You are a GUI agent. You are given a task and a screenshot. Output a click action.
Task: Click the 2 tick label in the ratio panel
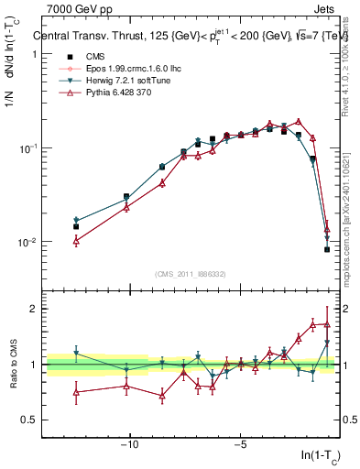click(34, 309)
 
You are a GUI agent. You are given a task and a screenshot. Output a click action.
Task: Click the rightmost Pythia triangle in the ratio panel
click(327, 323)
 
